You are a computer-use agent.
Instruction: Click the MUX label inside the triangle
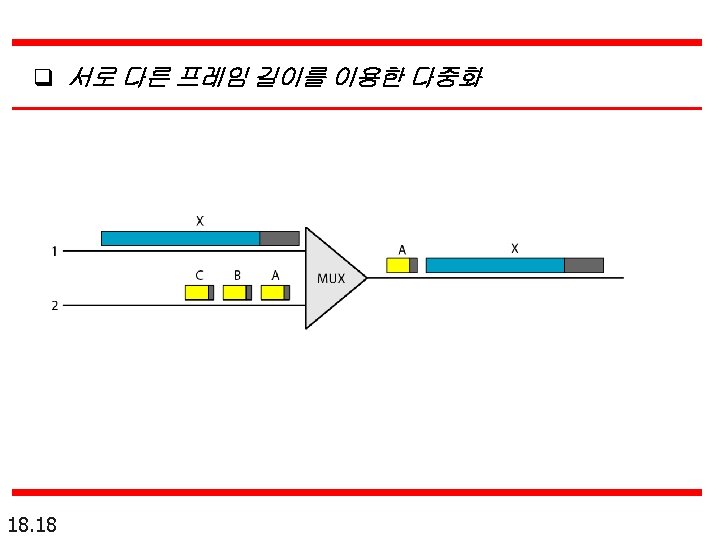click(331, 278)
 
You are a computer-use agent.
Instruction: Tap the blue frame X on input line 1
click(181, 238)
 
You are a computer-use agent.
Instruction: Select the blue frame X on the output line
click(495, 265)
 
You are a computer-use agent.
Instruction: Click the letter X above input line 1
click(200, 221)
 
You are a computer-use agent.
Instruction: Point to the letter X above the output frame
click(515, 247)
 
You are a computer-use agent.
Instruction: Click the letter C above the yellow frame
click(199, 275)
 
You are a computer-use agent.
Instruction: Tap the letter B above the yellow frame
click(237, 275)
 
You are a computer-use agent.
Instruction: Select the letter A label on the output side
click(402, 249)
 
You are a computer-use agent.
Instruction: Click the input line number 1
click(54, 251)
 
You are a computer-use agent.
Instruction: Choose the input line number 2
click(54, 306)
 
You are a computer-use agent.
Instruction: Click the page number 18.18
click(32, 523)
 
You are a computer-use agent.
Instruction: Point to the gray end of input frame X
click(279, 238)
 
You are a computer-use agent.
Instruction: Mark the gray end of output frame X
click(584, 265)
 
